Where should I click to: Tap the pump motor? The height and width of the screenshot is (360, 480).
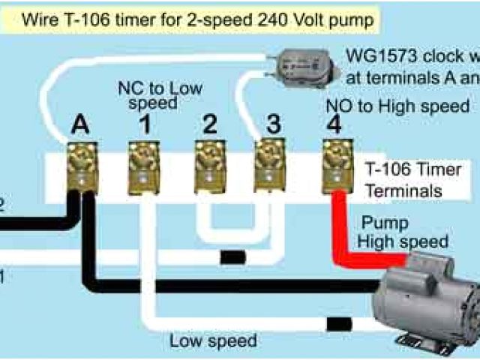[427, 304]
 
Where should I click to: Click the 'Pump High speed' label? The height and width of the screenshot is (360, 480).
[402, 232]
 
